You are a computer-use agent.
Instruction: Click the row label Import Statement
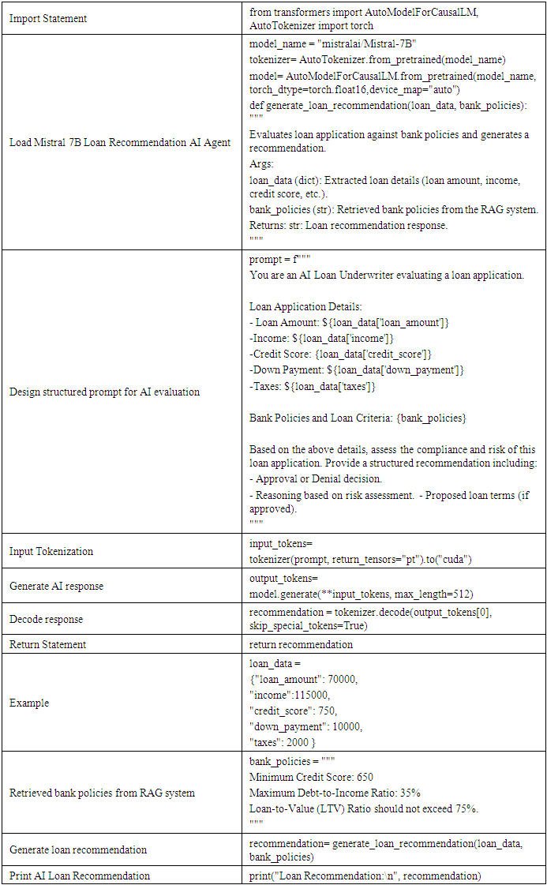point(48,19)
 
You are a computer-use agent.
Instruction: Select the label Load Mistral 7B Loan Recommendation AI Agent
point(120,143)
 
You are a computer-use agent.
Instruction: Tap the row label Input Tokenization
point(51,551)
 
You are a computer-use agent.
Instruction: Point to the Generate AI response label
point(56,586)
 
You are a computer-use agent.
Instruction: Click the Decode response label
point(46,619)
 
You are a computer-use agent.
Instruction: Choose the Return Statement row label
point(47,644)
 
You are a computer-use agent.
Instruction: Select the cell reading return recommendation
point(301,644)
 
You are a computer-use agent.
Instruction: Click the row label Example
point(29,703)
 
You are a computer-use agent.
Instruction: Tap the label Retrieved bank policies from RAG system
point(102,793)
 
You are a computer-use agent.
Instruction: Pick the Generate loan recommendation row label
point(78,849)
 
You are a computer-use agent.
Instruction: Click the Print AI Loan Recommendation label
point(80,876)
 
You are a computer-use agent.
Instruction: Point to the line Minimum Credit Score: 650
point(311,777)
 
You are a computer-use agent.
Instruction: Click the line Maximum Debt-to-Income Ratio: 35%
point(335,793)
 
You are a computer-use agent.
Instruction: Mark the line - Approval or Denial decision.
point(316,478)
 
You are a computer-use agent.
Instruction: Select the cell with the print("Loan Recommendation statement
point(365,876)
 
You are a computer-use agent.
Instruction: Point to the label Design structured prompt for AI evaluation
point(104,392)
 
